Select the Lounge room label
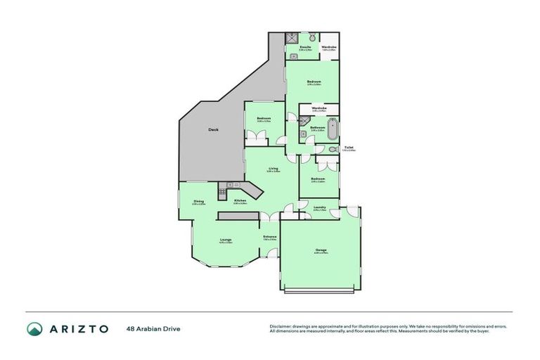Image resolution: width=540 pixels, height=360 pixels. [226, 240]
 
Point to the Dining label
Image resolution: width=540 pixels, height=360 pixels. [199, 202]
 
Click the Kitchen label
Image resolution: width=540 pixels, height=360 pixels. [240, 201]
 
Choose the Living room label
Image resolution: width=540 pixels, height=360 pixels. [273, 169]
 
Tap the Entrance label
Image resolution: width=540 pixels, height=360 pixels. [269, 236]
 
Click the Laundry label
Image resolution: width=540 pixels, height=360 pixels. [319, 207]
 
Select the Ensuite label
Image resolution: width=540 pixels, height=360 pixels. [305, 47]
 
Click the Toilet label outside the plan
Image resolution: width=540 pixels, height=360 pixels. [348, 148]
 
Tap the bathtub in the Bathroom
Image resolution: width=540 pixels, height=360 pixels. [333, 130]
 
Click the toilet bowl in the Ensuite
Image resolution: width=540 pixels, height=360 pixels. [312, 37]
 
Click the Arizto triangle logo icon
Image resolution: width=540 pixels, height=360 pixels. [34, 328]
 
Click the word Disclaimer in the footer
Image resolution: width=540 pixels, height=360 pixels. [280, 326]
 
